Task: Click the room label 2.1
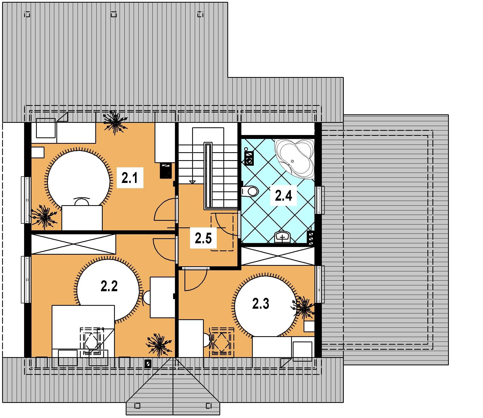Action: point(130,177)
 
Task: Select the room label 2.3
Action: point(261,304)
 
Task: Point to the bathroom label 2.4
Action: point(283,196)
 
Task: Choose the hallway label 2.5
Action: point(203,238)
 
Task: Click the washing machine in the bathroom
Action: point(249,158)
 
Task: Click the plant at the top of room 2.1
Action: point(115,122)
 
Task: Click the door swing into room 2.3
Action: point(195,280)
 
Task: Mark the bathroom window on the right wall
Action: point(320,200)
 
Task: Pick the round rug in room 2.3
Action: point(266,306)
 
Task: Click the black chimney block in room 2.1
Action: point(166,170)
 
